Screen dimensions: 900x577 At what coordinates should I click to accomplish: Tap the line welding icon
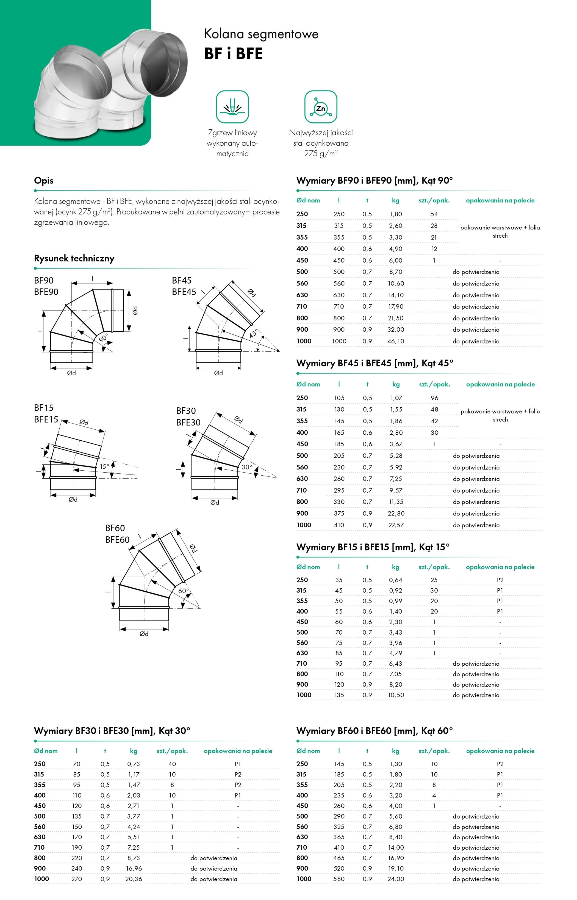[232, 107]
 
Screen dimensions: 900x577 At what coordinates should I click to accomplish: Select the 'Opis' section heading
[43, 180]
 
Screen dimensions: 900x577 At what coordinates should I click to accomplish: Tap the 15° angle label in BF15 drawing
[104, 467]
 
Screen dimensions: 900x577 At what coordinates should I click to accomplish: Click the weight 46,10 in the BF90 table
[396, 341]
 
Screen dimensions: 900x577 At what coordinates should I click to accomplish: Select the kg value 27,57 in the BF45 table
[396, 525]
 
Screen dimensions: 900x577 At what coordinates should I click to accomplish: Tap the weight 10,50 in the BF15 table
[396, 695]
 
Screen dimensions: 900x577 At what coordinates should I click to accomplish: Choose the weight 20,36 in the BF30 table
[134, 879]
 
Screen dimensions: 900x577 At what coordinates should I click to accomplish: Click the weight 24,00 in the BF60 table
[396, 879]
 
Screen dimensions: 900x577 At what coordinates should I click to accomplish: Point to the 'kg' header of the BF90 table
[396, 200]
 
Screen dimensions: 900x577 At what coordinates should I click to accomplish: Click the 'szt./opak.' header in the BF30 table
[172, 751]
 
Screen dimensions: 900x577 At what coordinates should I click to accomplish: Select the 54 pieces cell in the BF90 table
[434, 214]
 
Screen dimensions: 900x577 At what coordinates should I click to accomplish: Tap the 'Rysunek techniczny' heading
[74, 258]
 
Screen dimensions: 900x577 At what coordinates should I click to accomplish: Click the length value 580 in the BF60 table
[339, 879]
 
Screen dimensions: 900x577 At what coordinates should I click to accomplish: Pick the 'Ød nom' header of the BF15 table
[308, 567]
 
